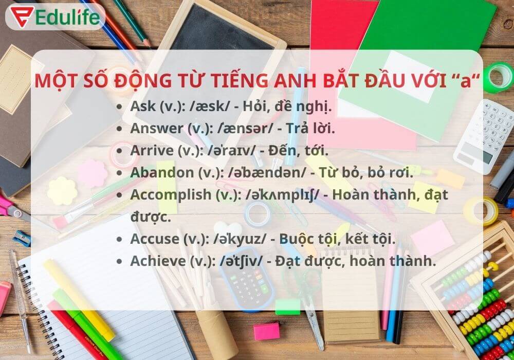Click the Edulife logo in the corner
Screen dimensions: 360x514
point(54,16)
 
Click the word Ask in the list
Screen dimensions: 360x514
point(141,106)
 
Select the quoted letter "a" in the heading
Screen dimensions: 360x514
point(467,81)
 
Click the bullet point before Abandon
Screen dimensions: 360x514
point(120,173)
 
